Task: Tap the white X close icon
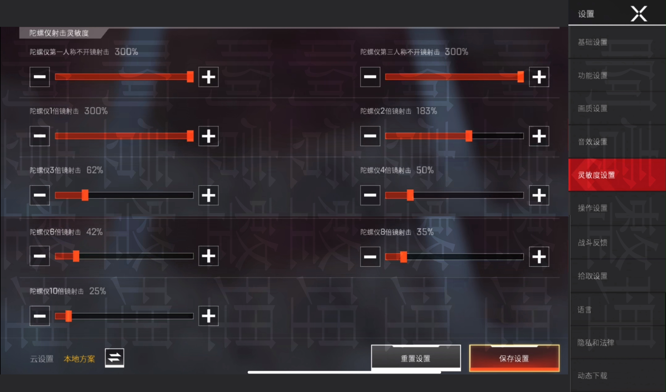639,14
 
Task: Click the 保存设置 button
514,358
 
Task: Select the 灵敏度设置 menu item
617,175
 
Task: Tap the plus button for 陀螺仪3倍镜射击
209,195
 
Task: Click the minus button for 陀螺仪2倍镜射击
370,136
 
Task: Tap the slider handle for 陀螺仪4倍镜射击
410,195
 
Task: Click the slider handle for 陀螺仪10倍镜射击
68,316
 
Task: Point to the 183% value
427,111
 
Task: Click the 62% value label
95,170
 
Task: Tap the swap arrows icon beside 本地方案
115,358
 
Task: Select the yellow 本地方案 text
79,359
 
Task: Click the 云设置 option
42,359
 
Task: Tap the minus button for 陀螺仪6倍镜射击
40,256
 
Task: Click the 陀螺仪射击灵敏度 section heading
59,33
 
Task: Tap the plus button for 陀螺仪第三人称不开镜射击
539,77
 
